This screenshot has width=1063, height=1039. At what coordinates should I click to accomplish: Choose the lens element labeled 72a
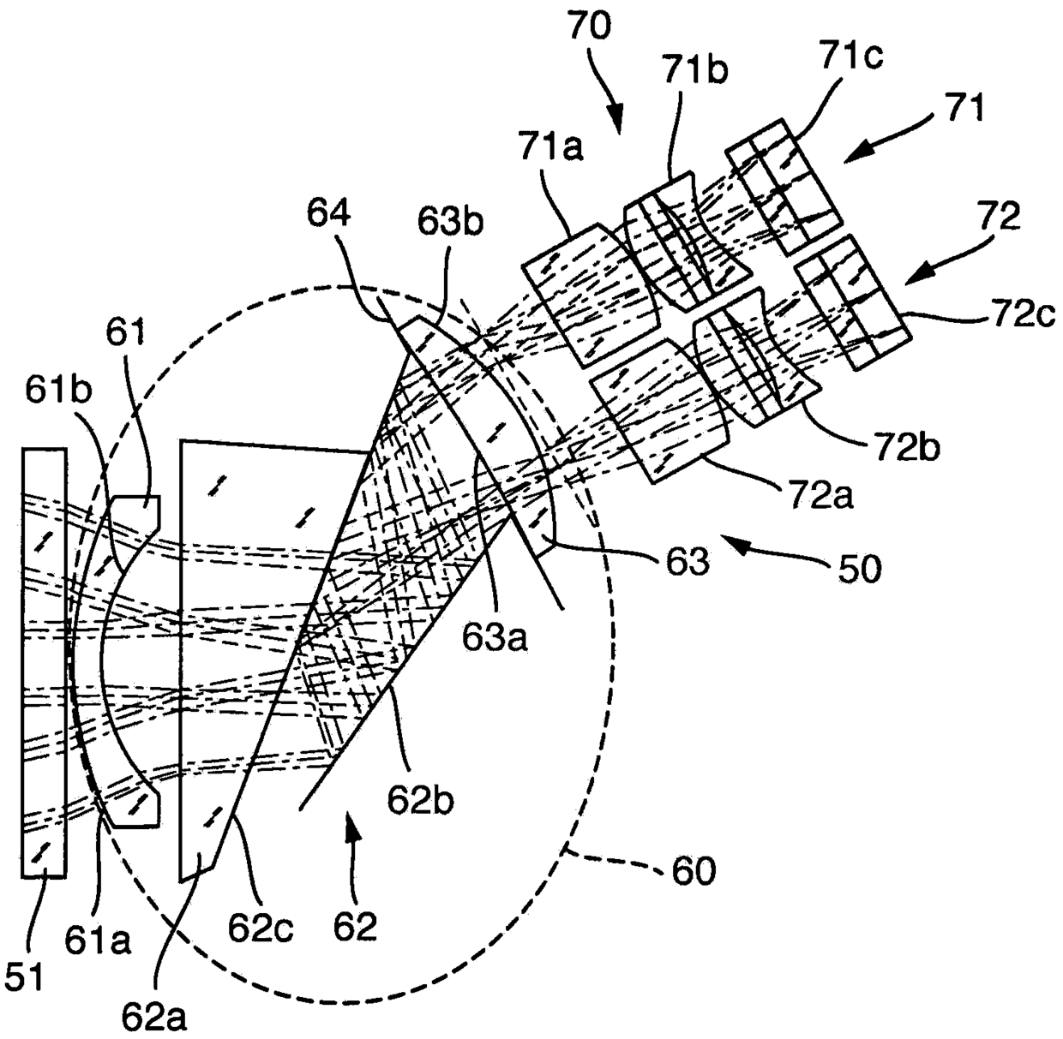(656, 411)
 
